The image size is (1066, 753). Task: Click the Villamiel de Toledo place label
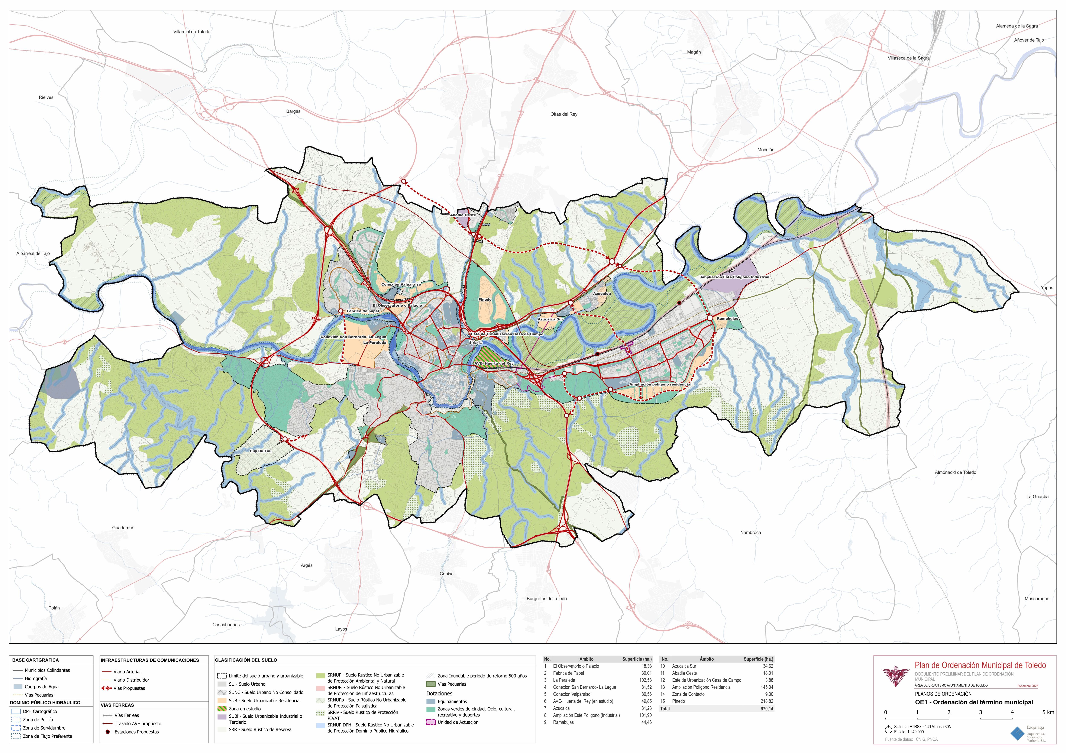tap(192, 32)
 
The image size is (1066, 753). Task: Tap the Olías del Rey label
tap(564, 114)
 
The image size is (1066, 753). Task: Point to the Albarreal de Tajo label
tap(33, 253)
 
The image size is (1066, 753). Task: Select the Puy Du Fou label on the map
tap(261, 451)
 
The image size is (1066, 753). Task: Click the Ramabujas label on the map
tap(727, 319)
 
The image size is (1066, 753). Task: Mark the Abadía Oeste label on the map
tap(463, 215)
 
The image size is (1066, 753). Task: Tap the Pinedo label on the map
tap(485, 300)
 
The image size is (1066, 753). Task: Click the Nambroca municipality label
tap(750, 533)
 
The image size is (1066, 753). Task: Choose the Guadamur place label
tap(123, 528)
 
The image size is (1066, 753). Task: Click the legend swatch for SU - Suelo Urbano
tap(222, 684)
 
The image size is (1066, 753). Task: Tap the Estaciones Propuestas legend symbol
tap(108, 732)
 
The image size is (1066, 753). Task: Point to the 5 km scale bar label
tap(1048, 712)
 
